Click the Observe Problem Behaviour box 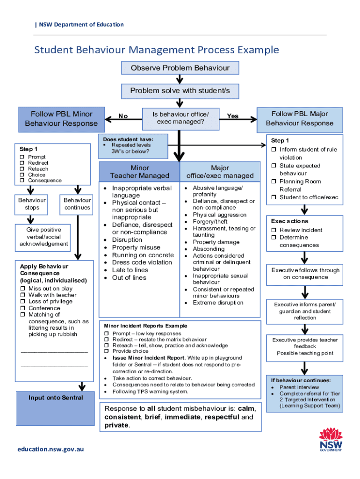pos(180,68)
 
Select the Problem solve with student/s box pos(180,91)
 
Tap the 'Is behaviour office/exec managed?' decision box pos(180,118)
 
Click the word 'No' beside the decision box pos(123,116)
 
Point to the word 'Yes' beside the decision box pos(232,116)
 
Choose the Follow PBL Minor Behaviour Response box pos(61,118)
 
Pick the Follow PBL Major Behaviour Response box pos(300,118)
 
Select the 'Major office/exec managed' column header pos(220,172)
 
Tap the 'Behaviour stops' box pos(32,204)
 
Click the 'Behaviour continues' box pos(77,204)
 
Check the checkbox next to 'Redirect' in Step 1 pos(22,163)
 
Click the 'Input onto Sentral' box pos(56,398)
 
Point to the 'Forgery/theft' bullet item pos(210,222)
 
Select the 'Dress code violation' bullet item pos(142,262)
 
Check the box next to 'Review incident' pos(274,230)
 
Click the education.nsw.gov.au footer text pos(51,449)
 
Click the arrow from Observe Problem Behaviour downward pos(180,79)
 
